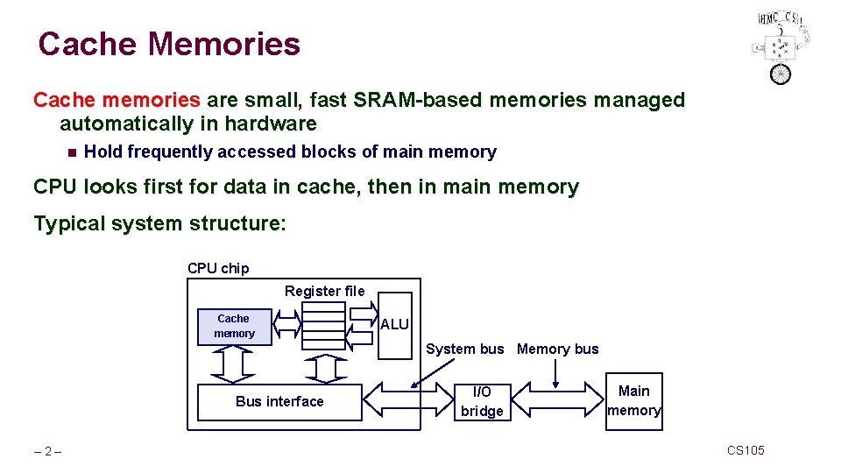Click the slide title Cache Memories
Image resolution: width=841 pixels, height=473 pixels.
coord(169,44)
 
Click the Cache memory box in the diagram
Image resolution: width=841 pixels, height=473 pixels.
coord(234,326)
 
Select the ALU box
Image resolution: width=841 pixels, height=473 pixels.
coord(395,325)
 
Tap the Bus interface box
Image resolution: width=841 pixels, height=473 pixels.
coord(279,402)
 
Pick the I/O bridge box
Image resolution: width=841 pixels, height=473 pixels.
coord(482,402)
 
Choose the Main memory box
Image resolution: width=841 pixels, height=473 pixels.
coord(634,401)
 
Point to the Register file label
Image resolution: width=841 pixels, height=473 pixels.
coord(324,291)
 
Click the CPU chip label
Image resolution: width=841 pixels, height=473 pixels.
coord(218,268)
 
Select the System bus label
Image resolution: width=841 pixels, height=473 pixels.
coord(465,349)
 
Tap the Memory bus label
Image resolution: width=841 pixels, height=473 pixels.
coord(558,349)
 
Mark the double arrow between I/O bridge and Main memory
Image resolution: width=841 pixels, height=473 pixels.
coord(557,401)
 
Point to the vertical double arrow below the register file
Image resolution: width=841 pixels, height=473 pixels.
coord(325,368)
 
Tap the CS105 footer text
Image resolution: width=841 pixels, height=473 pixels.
coord(746,450)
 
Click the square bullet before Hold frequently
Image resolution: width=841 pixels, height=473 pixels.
coord(71,152)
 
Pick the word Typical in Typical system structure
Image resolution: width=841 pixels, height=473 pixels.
coord(68,223)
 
